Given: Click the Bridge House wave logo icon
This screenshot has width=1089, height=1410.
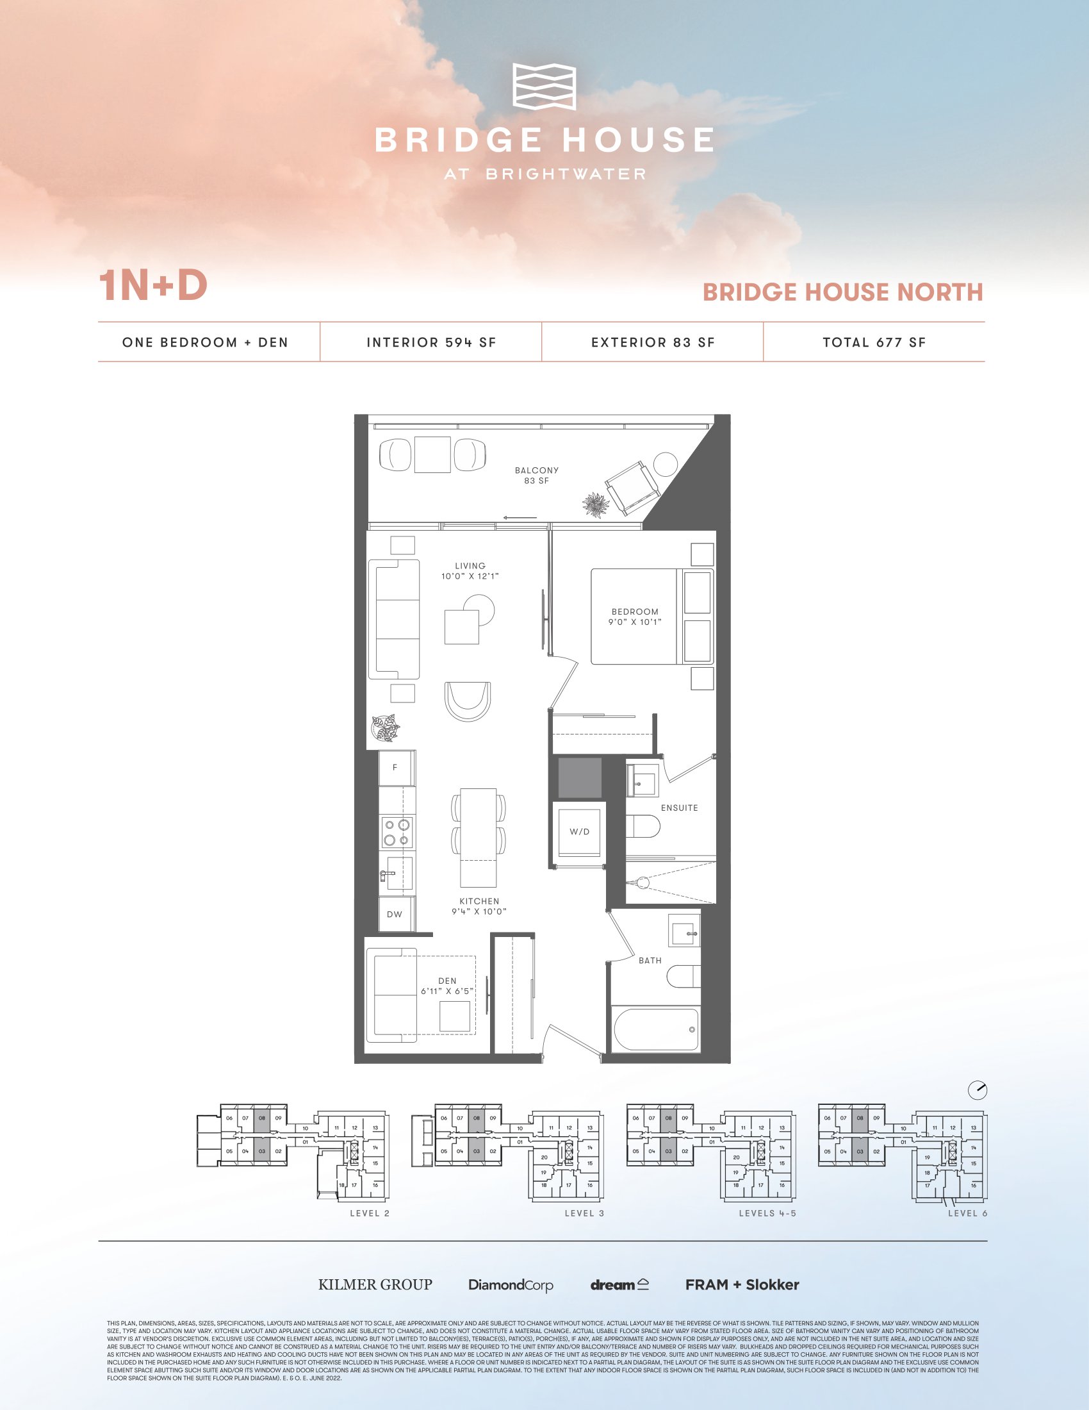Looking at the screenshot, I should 544,87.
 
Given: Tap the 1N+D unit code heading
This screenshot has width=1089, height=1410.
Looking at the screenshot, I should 153,285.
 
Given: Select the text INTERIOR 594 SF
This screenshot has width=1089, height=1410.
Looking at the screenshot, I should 431,343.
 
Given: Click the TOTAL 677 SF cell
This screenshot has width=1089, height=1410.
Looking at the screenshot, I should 874,343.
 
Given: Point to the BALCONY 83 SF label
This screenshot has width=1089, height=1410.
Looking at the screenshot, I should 536,475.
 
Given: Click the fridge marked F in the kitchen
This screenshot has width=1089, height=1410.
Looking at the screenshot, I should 395,768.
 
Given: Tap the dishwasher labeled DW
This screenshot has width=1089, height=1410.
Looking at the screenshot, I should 395,913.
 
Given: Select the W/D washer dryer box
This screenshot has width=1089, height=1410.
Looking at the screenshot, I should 579,831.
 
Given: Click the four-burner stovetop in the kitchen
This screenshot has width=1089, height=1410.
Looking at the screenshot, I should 397,831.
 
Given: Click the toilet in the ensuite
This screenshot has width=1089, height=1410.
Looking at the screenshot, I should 643,826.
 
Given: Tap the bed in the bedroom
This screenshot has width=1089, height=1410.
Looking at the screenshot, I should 651,616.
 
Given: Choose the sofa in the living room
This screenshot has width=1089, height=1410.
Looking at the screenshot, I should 393,619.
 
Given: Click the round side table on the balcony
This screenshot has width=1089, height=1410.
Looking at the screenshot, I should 665,463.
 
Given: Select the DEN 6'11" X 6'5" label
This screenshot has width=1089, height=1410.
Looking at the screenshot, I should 447,986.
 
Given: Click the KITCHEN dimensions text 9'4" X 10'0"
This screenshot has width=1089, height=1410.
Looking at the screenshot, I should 479,911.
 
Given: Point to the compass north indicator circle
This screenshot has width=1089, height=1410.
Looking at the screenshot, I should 978,1090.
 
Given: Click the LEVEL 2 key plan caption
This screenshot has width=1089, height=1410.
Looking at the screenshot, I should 370,1213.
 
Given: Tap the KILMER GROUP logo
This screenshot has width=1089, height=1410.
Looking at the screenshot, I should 375,1285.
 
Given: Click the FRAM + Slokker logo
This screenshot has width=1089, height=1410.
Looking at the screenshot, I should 742,1285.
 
